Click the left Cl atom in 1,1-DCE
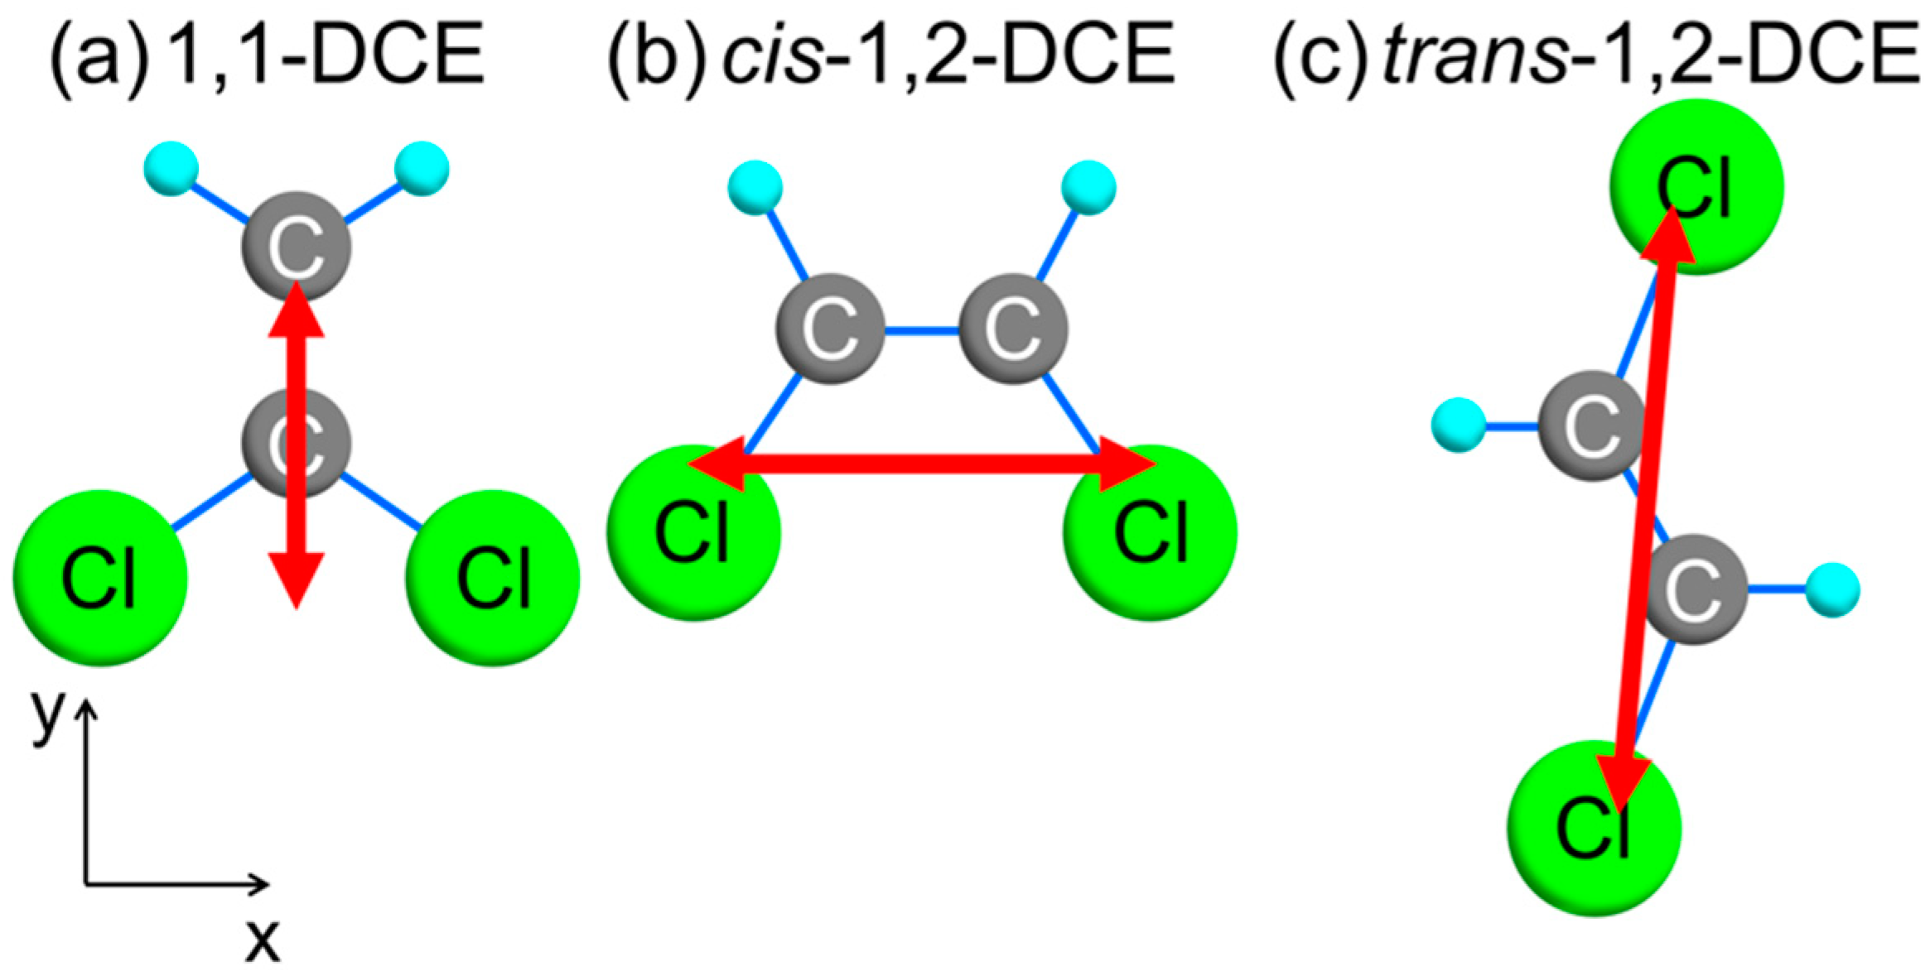(x=99, y=577)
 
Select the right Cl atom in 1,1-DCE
(x=493, y=577)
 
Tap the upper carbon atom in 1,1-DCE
(x=296, y=246)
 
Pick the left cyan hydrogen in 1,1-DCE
(x=171, y=168)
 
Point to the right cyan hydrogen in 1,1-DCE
(x=422, y=168)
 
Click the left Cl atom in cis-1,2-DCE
(x=694, y=531)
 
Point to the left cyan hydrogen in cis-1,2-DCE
(x=755, y=188)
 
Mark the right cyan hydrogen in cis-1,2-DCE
(x=1088, y=188)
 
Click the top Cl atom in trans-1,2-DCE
(x=1696, y=185)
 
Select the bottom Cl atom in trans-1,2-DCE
(x=1594, y=828)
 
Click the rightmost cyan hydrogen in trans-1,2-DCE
(x=1832, y=589)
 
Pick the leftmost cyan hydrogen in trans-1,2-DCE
(x=1458, y=425)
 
